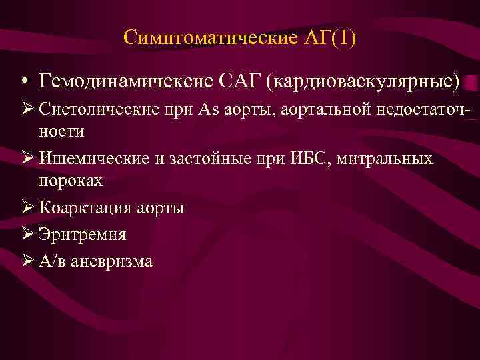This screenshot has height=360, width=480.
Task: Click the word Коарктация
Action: [x=87, y=208]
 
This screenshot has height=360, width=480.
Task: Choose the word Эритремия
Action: [x=83, y=235]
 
